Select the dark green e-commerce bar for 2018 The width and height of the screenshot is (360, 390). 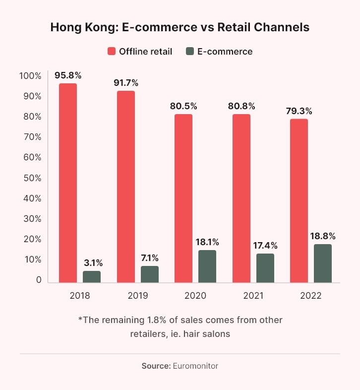point(92,276)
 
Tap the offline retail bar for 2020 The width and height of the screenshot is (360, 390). point(183,198)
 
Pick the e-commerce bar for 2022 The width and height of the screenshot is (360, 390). point(322,263)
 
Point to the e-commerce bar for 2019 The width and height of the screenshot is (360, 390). point(150,274)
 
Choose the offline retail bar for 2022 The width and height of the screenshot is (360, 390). point(299,200)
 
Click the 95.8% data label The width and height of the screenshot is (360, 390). point(68,75)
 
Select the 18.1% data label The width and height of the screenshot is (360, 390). point(207,242)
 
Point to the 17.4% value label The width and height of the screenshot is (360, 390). point(265,246)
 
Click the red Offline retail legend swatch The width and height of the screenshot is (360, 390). point(111,52)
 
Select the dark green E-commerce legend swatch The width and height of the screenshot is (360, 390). point(191,52)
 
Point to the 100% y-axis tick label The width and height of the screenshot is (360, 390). point(30,76)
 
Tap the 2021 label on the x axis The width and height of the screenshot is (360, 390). point(253,295)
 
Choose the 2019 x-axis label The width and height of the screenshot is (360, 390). point(138,295)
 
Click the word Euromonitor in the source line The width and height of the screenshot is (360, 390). point(195,366)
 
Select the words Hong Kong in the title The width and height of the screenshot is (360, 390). point(78,28)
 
